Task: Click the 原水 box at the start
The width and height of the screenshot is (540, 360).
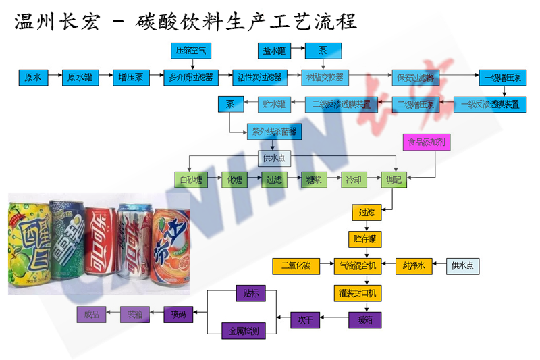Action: tap(33, 77)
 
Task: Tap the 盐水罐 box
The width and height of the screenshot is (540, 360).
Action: tap(274, 50)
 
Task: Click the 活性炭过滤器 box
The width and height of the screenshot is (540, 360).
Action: tap(257, 77)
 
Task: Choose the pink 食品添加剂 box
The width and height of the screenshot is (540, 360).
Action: tap(425, 143)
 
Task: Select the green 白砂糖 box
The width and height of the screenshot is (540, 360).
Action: tap(190, 180)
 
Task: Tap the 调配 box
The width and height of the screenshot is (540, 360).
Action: tap(392, 180)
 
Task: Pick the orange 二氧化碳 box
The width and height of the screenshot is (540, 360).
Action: tap(296, 265)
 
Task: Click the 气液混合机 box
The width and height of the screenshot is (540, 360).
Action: tap(358, 265)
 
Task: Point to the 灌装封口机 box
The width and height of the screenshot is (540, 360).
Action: tap(358, 293)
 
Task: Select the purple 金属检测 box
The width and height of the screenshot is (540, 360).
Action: tap(244, 330)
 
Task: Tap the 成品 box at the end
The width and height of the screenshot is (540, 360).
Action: tap(91, 314)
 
